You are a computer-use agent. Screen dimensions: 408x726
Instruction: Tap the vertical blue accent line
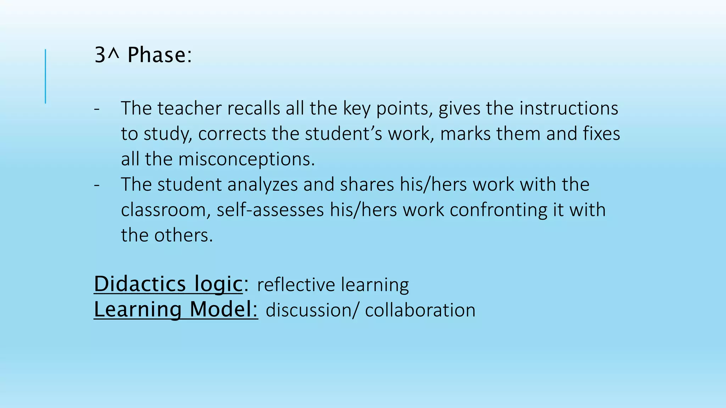click(x=45, y=76)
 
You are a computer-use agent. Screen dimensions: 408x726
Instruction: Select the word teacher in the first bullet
click(x=189, y=108)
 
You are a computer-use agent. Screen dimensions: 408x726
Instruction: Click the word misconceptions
click(x=246, y=159)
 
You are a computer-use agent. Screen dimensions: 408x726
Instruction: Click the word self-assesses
click(x=270, y=210)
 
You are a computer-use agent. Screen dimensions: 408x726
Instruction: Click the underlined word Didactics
click(x=140, y=284)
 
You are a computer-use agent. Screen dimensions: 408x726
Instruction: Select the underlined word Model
click(x=223, y=310)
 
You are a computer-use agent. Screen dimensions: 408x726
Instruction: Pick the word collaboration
click(x=420, y=311)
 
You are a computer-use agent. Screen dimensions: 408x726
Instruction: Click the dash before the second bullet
click(x=97, y=185)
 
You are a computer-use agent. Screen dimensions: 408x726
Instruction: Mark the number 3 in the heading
click(x=100, y=55)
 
